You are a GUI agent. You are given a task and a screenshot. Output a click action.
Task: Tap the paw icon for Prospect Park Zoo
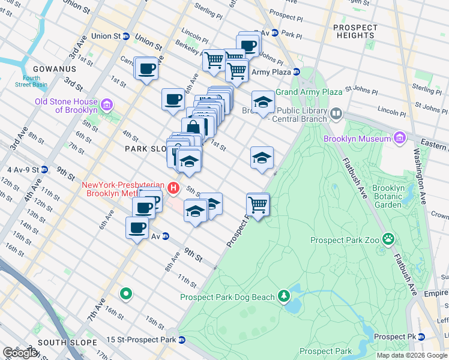click(x=389, y=240)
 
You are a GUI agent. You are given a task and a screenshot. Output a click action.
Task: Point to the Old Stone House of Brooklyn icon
click(x=107, y=105)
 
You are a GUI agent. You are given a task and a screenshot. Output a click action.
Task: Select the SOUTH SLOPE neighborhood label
click(x=67, y=343)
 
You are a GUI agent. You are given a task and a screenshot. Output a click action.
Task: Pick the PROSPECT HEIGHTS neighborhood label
click(x=355, y=31)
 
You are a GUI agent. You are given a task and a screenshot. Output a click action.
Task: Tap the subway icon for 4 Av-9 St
click(x=44, y=169)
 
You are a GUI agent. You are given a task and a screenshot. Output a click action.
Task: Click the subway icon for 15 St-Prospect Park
click(x=182, y=340)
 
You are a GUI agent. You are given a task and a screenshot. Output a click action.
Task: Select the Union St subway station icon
click(x=126, y=36)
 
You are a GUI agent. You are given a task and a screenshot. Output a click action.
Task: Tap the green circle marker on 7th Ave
click(x=125, y=294)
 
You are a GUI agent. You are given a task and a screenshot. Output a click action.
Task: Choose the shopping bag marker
click(x=194, y=128)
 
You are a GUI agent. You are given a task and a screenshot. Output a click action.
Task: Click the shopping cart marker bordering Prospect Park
click(x=258, y=205)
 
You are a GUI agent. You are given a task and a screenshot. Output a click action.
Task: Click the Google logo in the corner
click(x=20, y=353)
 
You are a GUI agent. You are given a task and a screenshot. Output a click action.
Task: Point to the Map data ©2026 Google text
click(x=412, y=355)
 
